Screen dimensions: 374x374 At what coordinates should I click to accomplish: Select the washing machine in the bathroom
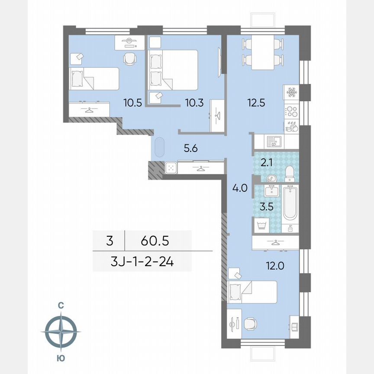click(261, 225)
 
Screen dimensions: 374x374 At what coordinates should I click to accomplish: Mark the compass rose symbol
click(61, 332)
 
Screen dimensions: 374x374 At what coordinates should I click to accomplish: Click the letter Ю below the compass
click(61, 358)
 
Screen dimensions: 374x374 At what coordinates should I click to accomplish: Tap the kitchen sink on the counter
click(274, 141)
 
